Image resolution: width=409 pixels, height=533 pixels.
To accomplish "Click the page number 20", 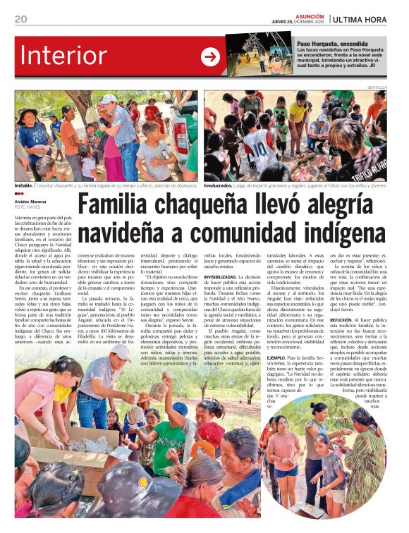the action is [x=20, y=19].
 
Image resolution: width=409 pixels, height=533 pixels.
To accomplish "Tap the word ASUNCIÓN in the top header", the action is [x=311, y=16].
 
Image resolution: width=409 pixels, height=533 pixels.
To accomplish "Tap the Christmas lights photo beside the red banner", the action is [x=259, y=54].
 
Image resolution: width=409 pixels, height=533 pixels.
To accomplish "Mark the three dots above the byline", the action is [x=18, y=194].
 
